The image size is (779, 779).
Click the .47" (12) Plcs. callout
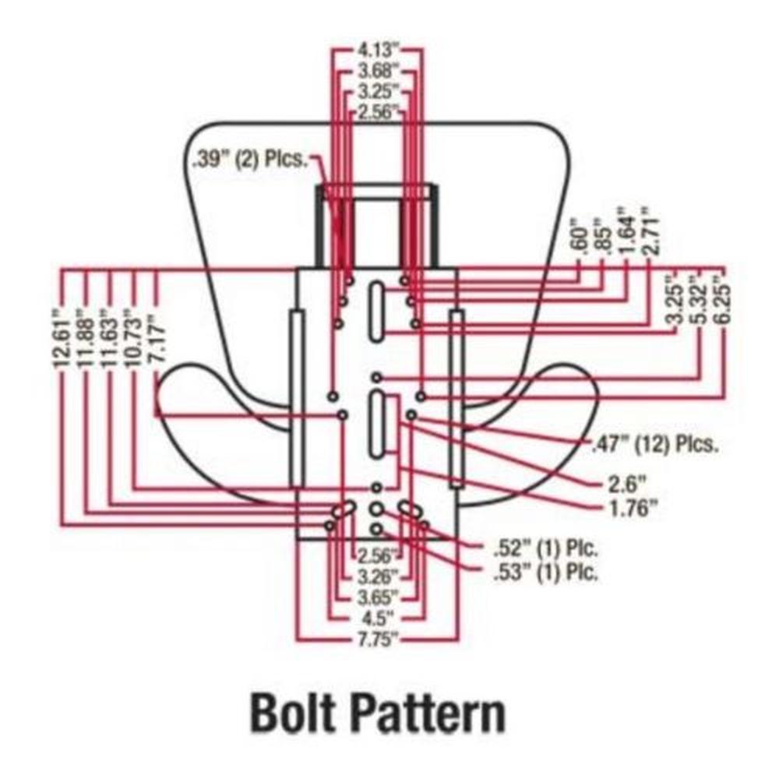click(x=653, y=445)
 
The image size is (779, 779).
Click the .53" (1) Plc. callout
click(x=546, y=574)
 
